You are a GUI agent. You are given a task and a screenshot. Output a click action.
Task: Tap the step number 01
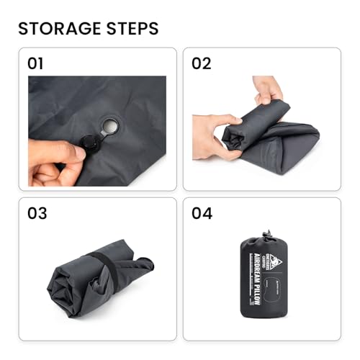[35, 63]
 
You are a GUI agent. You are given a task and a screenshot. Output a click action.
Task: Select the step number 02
[201, 63]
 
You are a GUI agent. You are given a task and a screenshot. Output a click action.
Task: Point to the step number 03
[36, 213]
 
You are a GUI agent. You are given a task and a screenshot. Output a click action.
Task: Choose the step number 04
[202, 213]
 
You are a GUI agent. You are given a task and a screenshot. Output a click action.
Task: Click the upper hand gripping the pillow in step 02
[269, 89]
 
